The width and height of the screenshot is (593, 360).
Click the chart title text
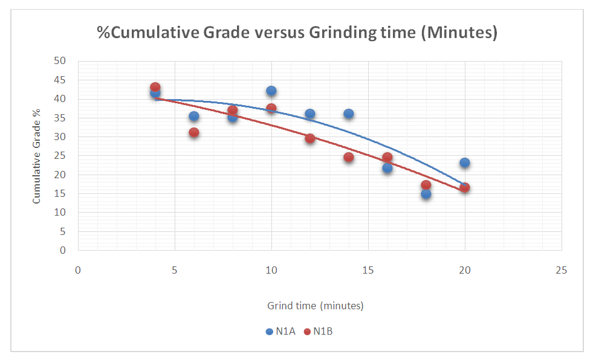click(297, 33)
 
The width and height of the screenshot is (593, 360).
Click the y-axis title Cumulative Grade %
click(37, 156)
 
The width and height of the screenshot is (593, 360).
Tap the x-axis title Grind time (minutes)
click(316, 306)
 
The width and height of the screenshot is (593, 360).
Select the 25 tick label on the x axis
click(561, 269)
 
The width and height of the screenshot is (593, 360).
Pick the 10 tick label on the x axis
click(271, 269)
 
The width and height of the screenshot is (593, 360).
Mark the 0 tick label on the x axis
click(78, 269)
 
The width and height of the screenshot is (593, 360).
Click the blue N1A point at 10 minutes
click(271, 91)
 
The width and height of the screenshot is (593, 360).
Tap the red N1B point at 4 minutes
click(155, 87)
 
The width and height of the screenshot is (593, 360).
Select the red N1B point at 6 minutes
click(194, 132)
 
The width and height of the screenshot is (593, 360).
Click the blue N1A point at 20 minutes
click(464, 162)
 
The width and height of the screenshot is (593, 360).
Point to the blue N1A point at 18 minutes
click(426, 194)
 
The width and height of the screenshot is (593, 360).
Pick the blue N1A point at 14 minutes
click(349, 114)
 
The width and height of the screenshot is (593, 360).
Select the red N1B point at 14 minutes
click(349, 157)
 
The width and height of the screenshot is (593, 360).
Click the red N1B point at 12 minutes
click(310, 138)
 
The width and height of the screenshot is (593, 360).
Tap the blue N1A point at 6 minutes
click(194, 116)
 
